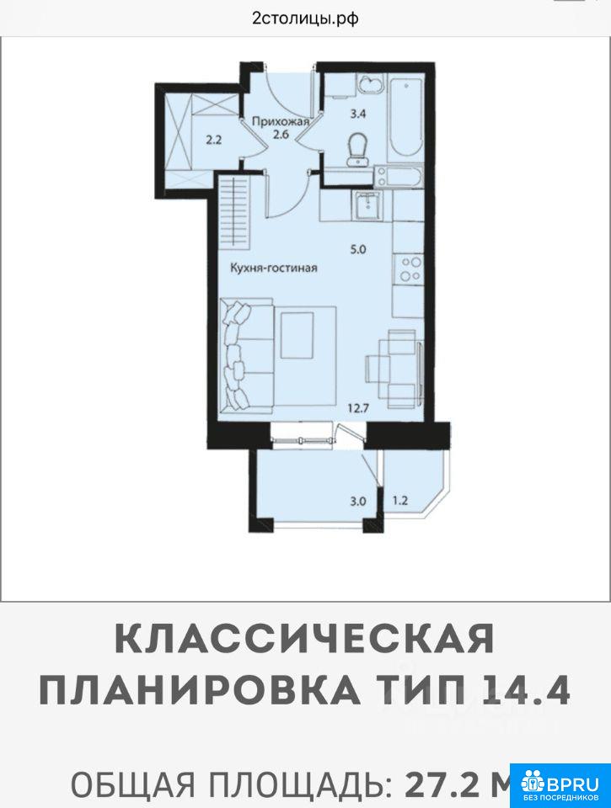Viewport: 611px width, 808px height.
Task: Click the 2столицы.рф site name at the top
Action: pyautogui.click(x=305, y=19)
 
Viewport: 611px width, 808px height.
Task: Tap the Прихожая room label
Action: pyautogui.click(x=280, y=121)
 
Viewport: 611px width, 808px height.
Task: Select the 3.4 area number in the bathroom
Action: pyautogui.click(x=357, y=114)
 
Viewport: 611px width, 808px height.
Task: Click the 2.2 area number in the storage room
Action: pyautogui.click(x=214, y=139)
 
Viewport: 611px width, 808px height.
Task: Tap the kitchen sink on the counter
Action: pyautogui.click(x=369, y=205)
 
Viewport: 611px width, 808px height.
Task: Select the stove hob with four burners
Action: pyautogui.click(x=409, y=269)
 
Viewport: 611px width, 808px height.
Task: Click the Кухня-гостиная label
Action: pyautogui.click(x=274, y=268)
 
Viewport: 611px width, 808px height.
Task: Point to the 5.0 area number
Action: pyautogui.click(x=357, y=249)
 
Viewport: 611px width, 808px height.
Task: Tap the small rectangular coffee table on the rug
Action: pyautogui.click(x=297, y=336)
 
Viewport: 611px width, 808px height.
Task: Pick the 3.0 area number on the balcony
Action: pyautogui.click(x=357, y=500)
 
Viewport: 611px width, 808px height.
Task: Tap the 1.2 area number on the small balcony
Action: pyautogui.click(x=400, y=499)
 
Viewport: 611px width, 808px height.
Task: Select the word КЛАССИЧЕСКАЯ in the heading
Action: pyautogui.click(x=304, y=639)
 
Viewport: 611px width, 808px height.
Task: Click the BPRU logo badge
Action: pyautogui.click(x=560, y=784)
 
